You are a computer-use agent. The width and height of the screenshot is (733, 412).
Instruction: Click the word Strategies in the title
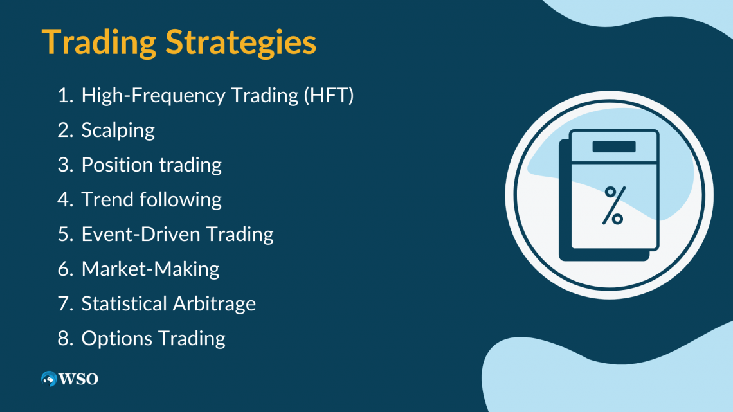point(241,42)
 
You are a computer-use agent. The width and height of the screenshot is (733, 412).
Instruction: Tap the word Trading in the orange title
point(100,42)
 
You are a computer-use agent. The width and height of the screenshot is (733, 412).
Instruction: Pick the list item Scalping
point(118,130)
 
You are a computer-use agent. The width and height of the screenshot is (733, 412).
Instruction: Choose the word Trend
point(106,199)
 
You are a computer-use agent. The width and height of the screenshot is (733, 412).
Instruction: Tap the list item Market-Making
point(150,269)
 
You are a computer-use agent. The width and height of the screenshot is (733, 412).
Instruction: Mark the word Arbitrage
point(213,303)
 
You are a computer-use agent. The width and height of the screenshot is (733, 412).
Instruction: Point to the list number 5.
point(64,234)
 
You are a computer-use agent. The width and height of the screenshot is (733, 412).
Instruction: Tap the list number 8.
point(64,338)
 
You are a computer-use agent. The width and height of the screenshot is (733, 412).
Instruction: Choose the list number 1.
point(63,96)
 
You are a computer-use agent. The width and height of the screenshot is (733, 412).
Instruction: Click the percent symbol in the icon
point(613,205)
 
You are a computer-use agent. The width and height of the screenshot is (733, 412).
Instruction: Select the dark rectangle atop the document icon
point(613,147)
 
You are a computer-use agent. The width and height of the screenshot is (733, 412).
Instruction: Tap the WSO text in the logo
point(79,379)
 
